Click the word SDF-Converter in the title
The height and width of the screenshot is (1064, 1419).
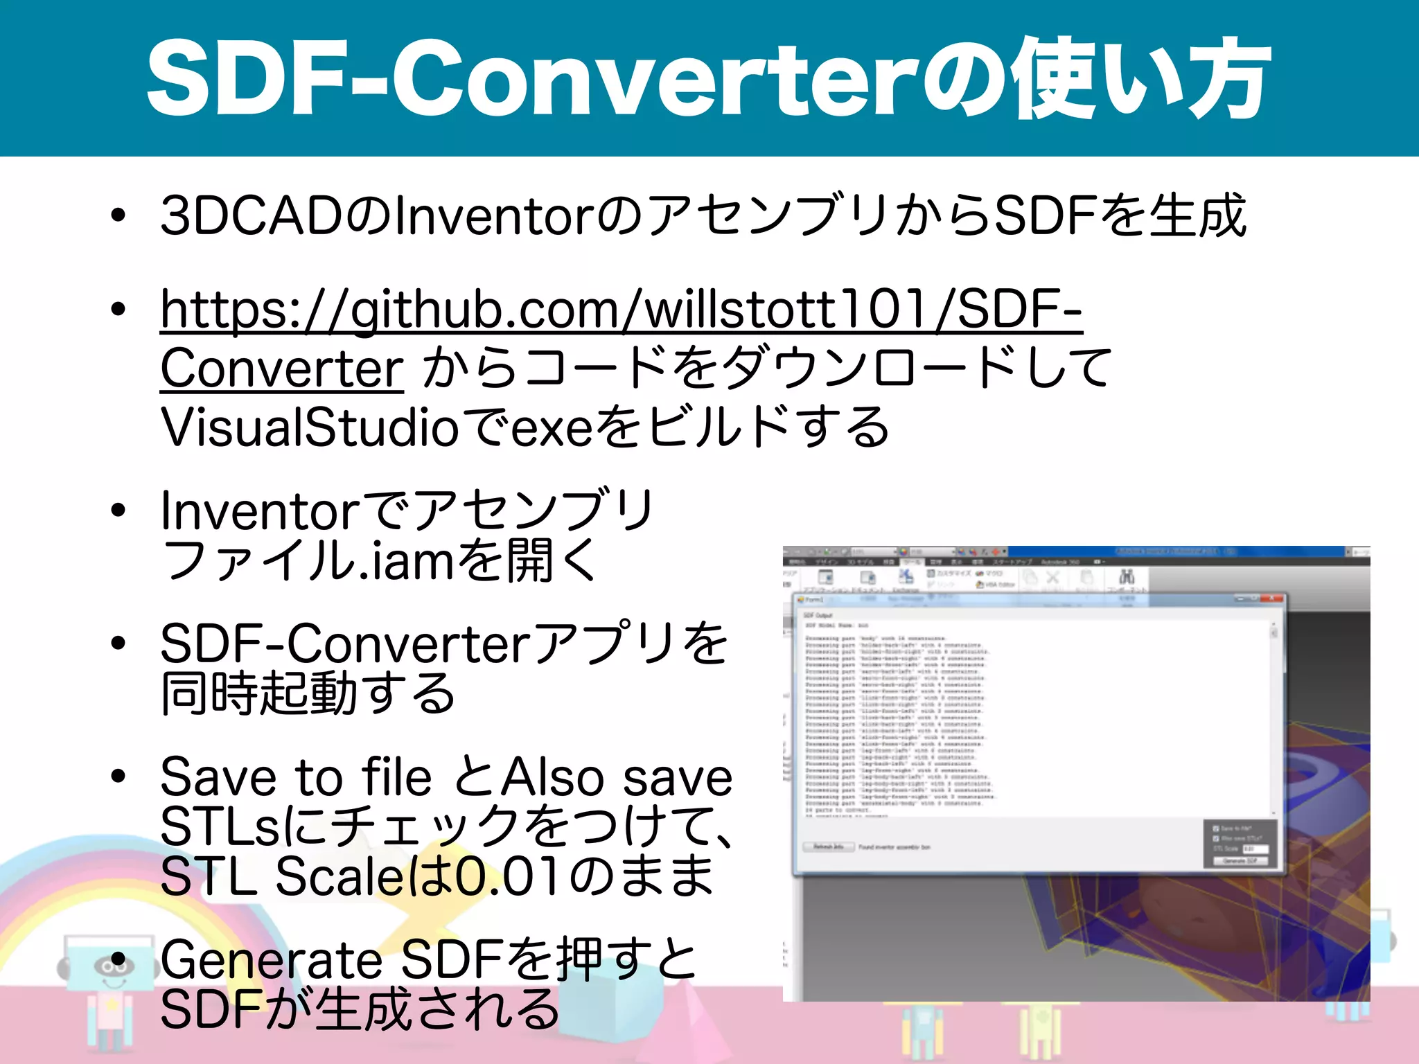(x=534, y=78)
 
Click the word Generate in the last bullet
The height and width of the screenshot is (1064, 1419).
(x=271, y=960)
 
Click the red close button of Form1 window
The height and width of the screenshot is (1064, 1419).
(x=1272, y=599)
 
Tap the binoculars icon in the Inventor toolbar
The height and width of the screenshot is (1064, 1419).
(x=1127, y=577)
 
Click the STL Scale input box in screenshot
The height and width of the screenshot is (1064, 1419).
(x=1255, y=849)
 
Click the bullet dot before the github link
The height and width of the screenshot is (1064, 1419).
(x=118, y=309)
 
